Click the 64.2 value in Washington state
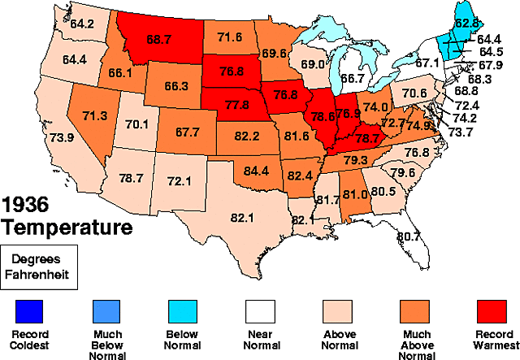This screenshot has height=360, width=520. [82, 24]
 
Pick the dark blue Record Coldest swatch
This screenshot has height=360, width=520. [28, 311]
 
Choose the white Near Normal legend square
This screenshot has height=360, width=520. [259, 311]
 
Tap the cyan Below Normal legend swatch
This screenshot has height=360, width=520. [182, 311]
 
